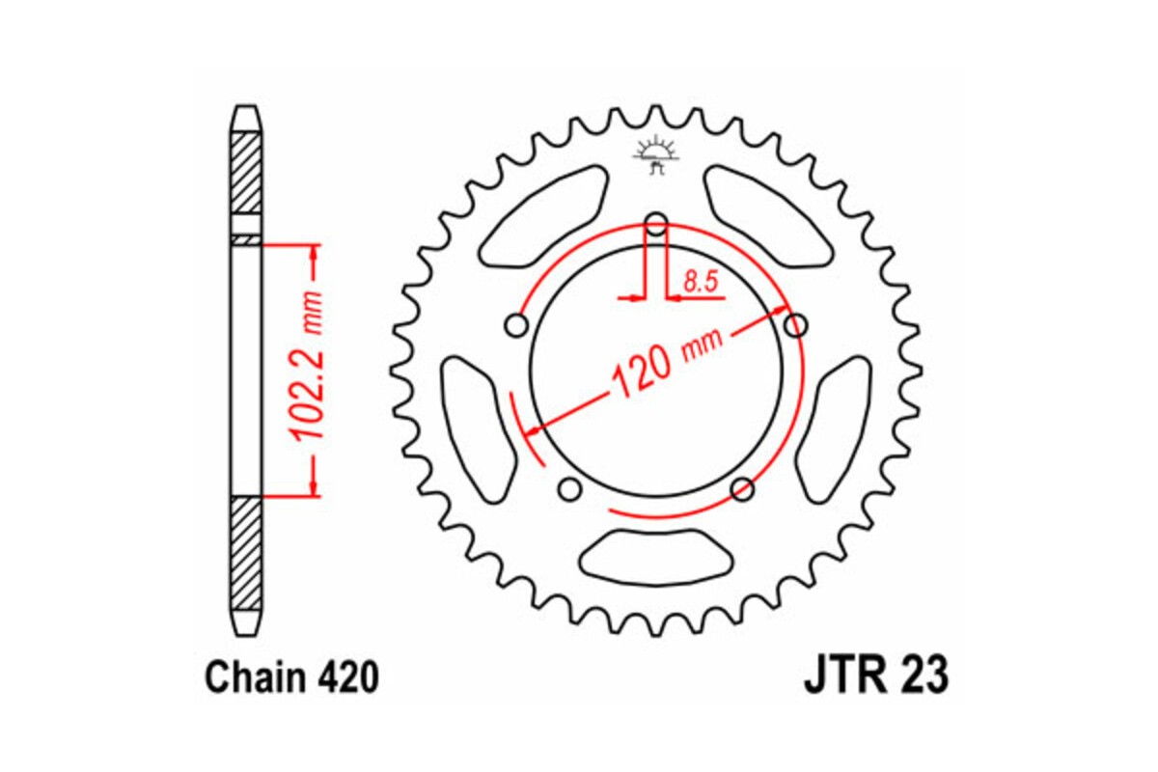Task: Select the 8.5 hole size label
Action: [x=699, y=282]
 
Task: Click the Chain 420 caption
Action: [x=290, y=678]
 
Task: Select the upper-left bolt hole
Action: [x=518, y=325]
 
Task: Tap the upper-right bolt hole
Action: [x=795, y=325]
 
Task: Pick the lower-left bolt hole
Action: [x=570, y=489]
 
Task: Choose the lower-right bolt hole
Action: [x=742, y=489]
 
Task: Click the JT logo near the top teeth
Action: [x=656, y=154]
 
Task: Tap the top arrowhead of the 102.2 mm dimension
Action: [x=314, y=253]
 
